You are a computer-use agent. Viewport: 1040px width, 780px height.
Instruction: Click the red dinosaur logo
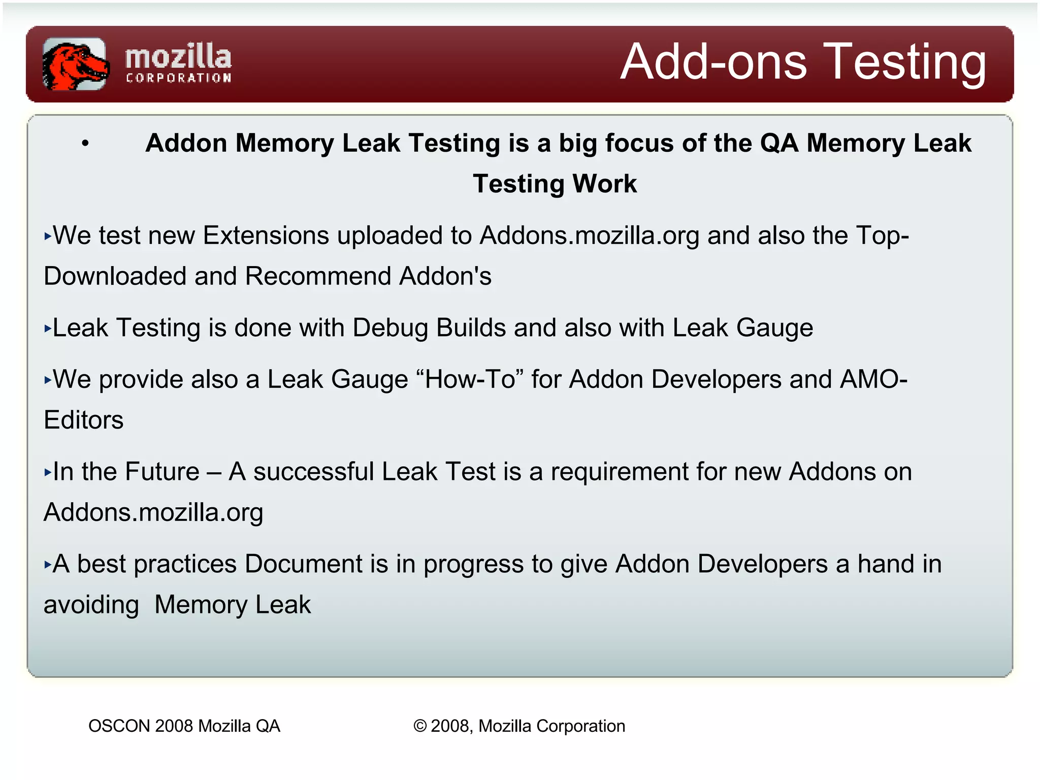tap(75, 64)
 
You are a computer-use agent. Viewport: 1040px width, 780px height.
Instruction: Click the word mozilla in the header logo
tap(178, 57)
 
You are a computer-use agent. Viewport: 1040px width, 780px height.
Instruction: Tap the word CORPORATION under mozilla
tap(178, 78)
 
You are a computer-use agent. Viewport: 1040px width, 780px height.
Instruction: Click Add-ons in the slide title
tap(713, 62)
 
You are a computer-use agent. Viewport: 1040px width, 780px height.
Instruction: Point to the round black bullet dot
tap(85, 144)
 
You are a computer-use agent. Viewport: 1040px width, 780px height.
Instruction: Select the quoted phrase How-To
tap(471, 379)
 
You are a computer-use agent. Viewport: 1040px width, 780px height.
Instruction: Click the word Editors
tap(84, 420)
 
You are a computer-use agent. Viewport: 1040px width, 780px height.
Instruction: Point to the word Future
tap(162, 472)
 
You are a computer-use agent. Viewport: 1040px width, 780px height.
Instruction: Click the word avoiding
tap(91, 605)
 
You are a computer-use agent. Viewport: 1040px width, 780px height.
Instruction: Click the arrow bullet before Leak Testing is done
tap(48, 329)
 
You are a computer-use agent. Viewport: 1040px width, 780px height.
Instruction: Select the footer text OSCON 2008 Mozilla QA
tap(184, 726)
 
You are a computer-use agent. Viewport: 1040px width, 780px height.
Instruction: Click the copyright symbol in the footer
tap(419, 726)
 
